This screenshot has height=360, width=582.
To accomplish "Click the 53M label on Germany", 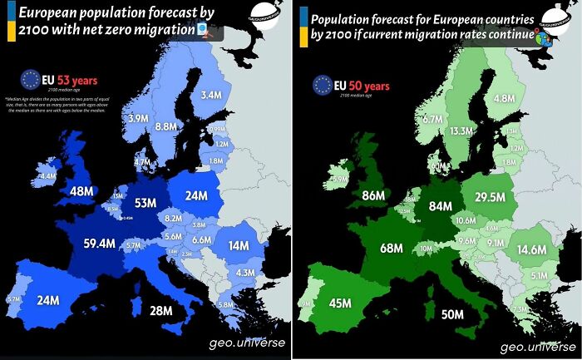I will pos(146,204).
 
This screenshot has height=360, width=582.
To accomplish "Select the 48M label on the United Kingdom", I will pos(82,191).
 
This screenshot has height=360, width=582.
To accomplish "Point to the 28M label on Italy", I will pos(160,311).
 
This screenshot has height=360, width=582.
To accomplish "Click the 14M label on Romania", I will pos(239,246).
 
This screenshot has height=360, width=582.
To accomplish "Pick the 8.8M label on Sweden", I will pos(166,126).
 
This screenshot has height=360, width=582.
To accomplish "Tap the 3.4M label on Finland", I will pos(211,96).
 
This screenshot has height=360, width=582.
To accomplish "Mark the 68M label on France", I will pos(392,249).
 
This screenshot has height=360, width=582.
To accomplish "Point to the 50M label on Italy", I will pos(452,313).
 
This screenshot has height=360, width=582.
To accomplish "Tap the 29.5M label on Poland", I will pos(490,196).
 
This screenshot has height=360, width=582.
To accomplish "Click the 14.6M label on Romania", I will pos(531,249).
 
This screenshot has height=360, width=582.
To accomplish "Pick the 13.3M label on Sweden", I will pos(461,131).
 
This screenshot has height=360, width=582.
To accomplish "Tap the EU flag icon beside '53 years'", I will pos(30,80).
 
